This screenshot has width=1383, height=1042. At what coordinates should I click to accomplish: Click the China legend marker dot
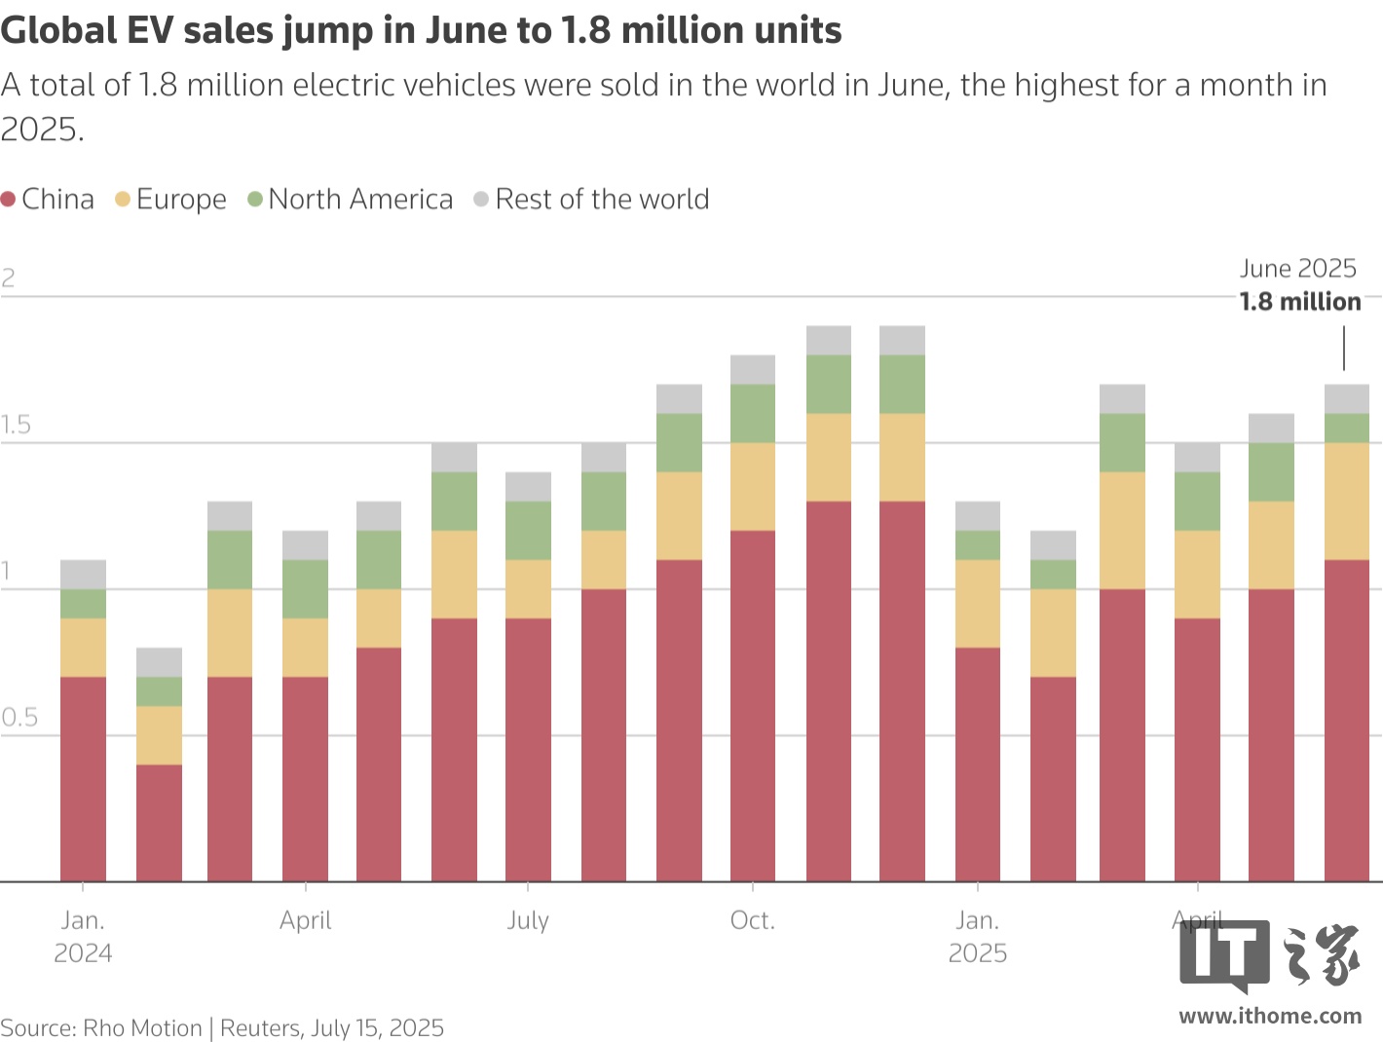pos(9,200)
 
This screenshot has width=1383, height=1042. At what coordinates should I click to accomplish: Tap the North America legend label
pos(360,200)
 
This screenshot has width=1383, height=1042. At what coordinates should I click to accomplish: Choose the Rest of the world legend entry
pos(601,200)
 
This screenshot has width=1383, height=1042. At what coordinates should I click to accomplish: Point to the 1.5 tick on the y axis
pos(16,426)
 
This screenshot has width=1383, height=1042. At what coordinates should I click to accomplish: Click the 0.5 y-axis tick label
pos(19,719)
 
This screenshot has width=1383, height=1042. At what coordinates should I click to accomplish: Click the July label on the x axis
pos(528,920)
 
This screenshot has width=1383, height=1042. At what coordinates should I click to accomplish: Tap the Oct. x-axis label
pos(753,920)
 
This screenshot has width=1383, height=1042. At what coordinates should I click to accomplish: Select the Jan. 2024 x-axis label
pos(83,936)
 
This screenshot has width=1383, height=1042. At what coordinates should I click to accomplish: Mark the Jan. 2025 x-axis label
pos(978,936)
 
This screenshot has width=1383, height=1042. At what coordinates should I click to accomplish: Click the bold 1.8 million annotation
pos(1300,302)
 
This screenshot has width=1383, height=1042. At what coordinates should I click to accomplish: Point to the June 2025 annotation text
pos(1297,269)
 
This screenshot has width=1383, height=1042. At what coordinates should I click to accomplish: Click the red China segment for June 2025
pos(1347,721)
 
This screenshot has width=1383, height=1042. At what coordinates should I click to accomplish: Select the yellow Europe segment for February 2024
pos(159,735)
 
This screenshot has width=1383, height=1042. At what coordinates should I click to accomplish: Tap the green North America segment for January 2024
pos(84,604)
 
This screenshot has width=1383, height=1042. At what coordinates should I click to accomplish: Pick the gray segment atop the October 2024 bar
pos(753,370)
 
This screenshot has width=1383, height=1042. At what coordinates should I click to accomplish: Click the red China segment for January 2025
pos(978,764)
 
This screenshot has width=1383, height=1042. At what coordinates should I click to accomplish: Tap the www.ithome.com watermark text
pos(1270,1017)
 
